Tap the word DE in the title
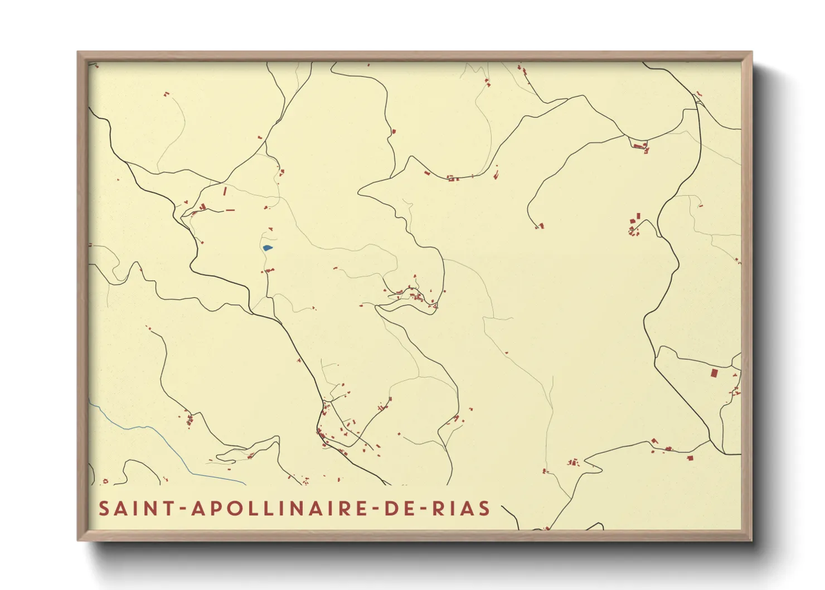click(399, 509)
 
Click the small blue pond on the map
click(268, 248)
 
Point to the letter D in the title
click(390, 509)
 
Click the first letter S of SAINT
click(104, 509)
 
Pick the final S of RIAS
click(485, 509)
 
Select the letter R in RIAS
click(438, 509)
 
